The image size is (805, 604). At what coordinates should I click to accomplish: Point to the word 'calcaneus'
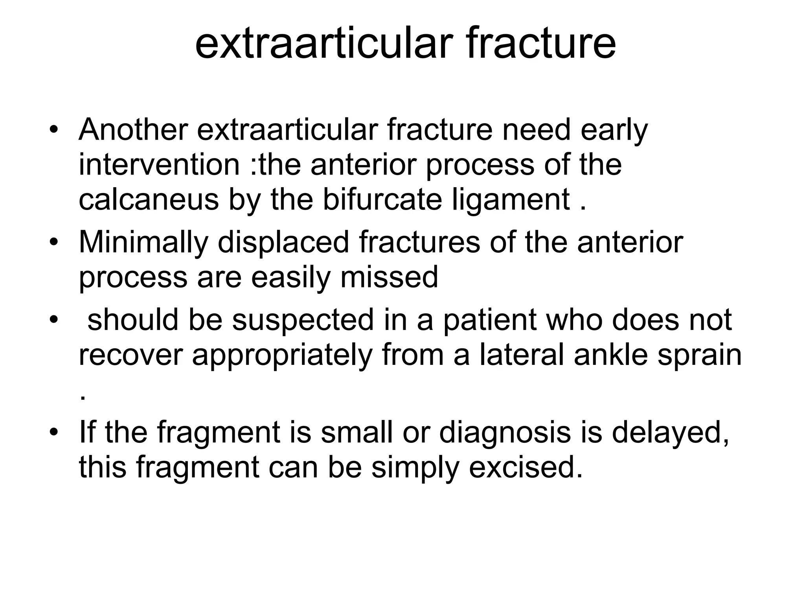pyautogui.click(x=149, y=199)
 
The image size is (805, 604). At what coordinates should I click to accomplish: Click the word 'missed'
pyautogui.click(x=389, y=277)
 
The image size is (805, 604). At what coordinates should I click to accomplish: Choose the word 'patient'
pyautogui.click(x=490, y=319)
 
